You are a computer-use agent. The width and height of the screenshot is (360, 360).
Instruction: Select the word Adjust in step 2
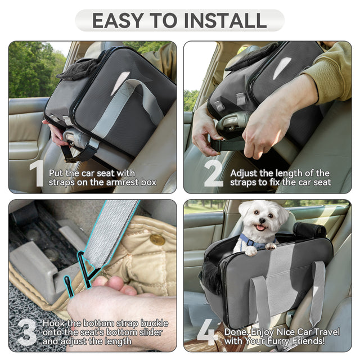tap(244, 173)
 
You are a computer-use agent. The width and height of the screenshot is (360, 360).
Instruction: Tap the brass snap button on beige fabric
tap(157, 240)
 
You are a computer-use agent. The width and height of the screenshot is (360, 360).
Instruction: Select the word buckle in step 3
tap(154, 323)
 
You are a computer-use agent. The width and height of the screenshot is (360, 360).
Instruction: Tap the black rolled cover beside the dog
tap(309, 229)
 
